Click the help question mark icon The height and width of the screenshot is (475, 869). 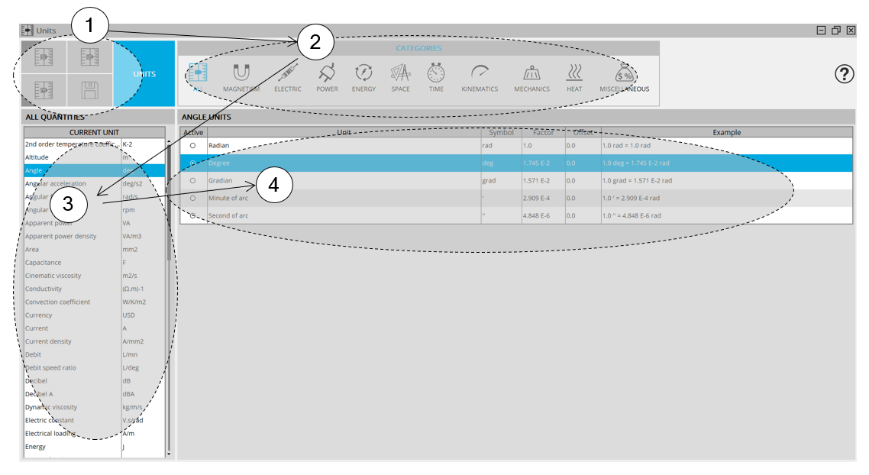coord(845,74)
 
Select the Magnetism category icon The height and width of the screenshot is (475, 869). coord(241,73)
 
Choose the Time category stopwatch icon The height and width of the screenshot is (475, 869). coord(436,73)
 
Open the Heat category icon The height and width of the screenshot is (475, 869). coord(574,73)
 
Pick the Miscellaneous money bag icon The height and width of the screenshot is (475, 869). coord(625,73)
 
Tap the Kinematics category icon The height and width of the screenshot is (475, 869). coord(480,73)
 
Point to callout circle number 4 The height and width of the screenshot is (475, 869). coord(275,186)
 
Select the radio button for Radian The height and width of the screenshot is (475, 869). coord(192,145)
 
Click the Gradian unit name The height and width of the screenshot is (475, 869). coord(220,181)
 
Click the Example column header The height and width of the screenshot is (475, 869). coord(726,133)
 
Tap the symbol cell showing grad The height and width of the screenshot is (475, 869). coord(489,181)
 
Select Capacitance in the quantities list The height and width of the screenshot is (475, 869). coord(43,263)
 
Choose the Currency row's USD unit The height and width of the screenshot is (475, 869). coord(130,315)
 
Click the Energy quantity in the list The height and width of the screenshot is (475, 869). coord(35,447)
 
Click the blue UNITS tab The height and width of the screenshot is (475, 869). coord(144,74)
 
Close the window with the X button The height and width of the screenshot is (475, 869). coord(851,31)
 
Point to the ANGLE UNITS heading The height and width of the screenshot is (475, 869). coord(206,117)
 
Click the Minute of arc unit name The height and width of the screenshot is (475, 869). coord(228,199)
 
